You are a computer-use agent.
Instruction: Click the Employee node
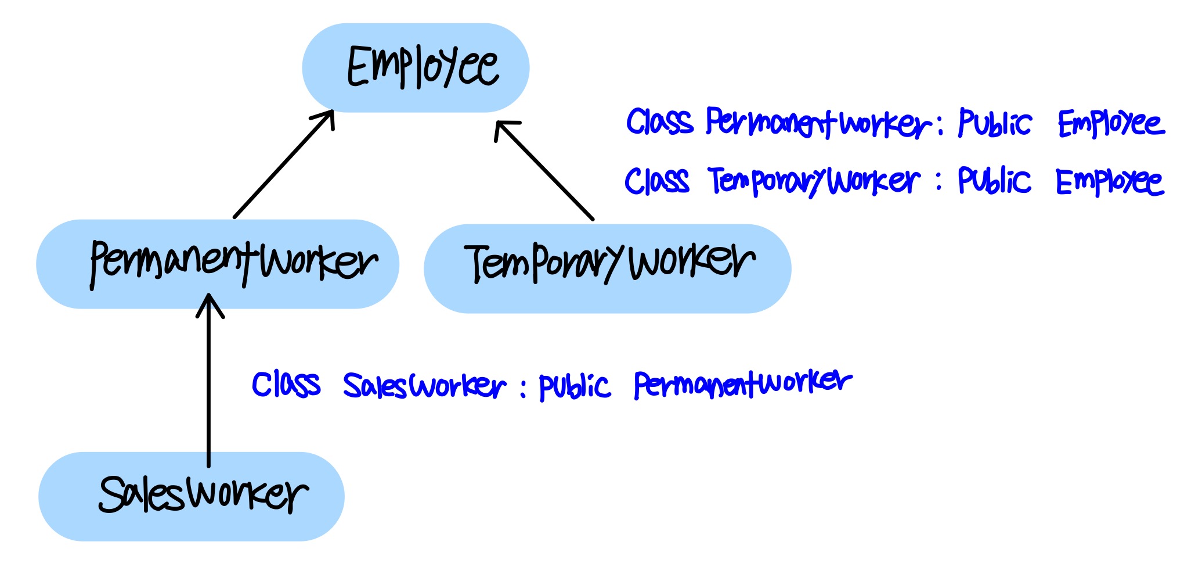pos(416,67)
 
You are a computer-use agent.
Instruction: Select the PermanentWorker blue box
pos(218,264)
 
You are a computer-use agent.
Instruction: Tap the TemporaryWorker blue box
pos(607,268)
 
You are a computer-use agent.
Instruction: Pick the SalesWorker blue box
pos(192,497)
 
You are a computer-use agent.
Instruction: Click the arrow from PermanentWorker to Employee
pos(283,164)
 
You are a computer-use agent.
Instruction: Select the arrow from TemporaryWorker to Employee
pos(544,171)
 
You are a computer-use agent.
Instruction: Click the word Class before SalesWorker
pos(286,385)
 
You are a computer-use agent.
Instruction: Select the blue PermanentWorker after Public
pos(743,383)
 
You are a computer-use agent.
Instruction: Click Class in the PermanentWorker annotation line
pos(660,122)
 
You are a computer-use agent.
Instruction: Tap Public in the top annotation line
pos(995,123)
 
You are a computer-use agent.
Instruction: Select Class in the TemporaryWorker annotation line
pos(657,181)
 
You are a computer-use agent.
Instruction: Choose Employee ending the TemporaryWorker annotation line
pos(1109,182)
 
